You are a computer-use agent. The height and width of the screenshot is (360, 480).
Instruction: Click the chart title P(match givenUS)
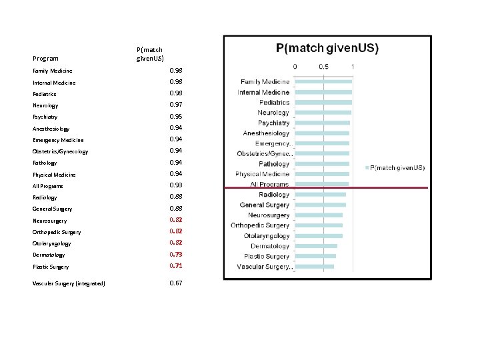pos(327,48)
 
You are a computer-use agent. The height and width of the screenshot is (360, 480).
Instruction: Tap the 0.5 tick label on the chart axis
pos(323,66)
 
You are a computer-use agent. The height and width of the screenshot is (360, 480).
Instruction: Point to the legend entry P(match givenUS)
pos(398,167)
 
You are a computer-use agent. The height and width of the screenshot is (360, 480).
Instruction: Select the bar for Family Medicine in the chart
pos(323,82)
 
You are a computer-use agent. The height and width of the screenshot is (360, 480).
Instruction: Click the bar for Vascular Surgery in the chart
pos(314,267)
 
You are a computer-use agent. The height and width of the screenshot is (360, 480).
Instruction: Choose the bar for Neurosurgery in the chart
pos(318,215)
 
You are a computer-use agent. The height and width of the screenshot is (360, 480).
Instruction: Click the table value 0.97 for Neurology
pos(175,105)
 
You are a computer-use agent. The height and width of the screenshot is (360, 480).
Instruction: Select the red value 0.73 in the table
pos(175,255)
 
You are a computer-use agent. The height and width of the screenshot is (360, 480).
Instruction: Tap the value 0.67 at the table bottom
pos(175,283)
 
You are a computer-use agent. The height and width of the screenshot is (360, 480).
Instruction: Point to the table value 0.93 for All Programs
pos(175,185)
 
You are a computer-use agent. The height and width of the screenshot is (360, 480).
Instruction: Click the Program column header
pos(45,59)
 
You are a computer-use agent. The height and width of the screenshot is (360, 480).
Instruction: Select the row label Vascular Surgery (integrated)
pos(69,284)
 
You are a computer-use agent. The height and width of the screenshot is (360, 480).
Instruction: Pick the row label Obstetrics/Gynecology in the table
pos(60,151)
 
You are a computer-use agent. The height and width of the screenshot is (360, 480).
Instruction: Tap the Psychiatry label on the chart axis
pos(273,123)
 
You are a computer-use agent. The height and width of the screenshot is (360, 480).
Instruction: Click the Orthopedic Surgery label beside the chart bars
pos(260,225)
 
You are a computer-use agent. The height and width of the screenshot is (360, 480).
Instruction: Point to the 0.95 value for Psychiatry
pos(175,117)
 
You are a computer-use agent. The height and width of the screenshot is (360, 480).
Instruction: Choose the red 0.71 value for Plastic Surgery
pos(175,266)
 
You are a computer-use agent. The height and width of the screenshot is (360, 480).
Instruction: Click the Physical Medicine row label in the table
pos(54,175)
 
